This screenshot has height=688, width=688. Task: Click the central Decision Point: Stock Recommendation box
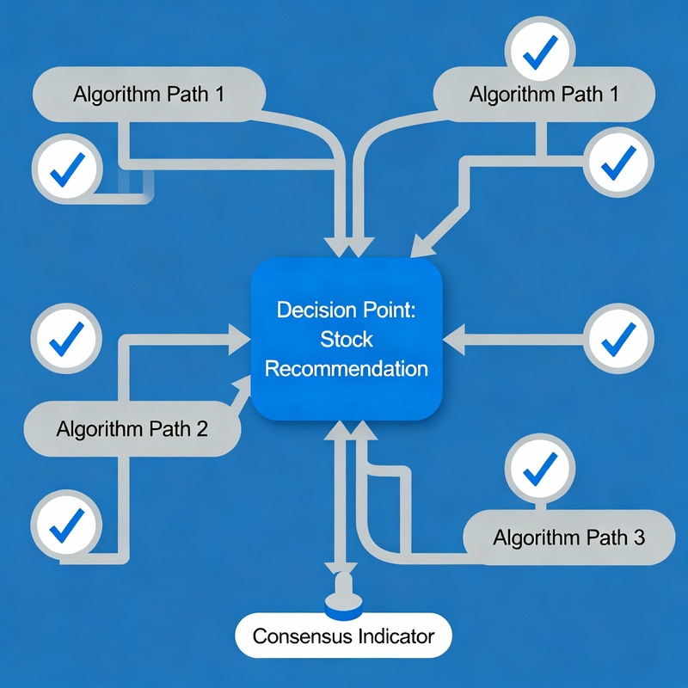click(346, 340)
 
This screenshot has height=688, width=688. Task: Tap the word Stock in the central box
click(347, 340)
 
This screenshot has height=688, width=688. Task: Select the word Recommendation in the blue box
click(347, 369)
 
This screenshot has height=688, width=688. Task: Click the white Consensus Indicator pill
click(343, 637)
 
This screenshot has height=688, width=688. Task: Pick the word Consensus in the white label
click(302, 637)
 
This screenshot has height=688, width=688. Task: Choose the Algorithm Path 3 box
click(568, 537)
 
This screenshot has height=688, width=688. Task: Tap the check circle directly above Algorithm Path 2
click(65, 339)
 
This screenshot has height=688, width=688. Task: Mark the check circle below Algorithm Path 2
click(65, 523)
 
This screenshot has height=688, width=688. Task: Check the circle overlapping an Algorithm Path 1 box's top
click(538, 52)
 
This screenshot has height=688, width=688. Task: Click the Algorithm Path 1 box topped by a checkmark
click(544, 94)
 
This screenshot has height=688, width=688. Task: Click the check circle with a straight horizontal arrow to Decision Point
click(617, 339)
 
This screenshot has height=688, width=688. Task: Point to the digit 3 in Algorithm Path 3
click(637, 538)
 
